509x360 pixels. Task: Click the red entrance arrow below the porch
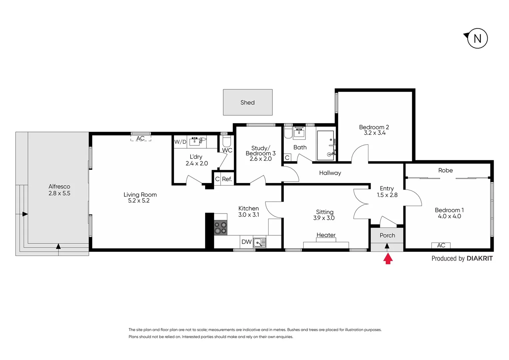(x=387, y=259)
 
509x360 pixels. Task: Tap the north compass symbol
(x=477, y=38)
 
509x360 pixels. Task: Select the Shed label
(x=248, y=103)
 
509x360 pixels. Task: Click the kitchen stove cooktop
(x=221, y=228)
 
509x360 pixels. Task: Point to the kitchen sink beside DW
(x=259, y=242)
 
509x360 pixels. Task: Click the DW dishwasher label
(x=246, y=242)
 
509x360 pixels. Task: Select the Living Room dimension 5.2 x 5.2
(x=139, y=201)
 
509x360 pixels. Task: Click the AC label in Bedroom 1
(x=441, y=245)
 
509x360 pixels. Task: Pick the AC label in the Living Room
(x=141, y=138)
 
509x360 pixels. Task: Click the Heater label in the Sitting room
(x=326, y=235)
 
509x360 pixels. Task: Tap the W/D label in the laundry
(x=180, y=142)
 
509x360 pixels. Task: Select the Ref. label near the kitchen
(x=227, y=179)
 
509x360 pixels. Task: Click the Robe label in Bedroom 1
(x=445, y=170)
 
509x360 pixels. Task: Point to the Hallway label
(x=330, y=173)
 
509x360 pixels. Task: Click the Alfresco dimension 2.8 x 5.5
(x=59, y=193)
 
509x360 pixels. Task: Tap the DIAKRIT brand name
(x=479, y=258)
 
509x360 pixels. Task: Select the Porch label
(x=387, y=235)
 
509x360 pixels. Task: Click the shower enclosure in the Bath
(x=325, y=145)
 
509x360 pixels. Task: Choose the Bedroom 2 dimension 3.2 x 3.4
(x=374, y=133)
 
